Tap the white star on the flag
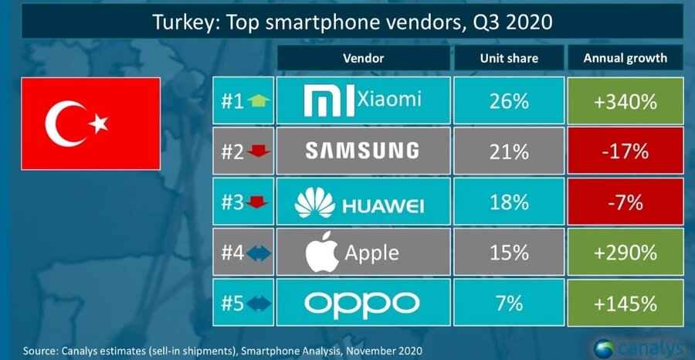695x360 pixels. coord(99,123)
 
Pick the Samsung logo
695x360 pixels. coord(362,150)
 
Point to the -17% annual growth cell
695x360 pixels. coord(626,150)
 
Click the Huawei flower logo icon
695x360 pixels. coord(316,202)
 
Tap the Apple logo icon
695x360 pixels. coord(323,253)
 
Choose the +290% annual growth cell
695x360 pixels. coord(626,252)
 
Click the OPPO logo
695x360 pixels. coord(362,303)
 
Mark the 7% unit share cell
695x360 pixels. coord(508,303)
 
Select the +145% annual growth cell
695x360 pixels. coord(626,303)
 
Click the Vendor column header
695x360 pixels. coord(362,58)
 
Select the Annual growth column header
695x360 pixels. coord(626,58)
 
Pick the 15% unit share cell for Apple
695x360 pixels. coord(508,252)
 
